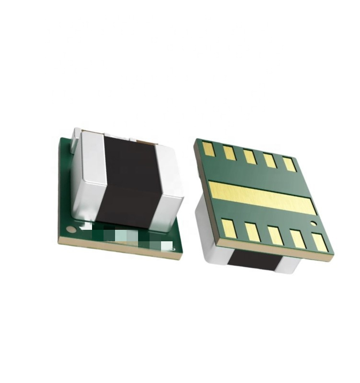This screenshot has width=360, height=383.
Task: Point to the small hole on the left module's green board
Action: pyautogui.click(x=71, y=229)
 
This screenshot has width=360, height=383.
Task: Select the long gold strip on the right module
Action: pyautogui.click(x=262, y=197)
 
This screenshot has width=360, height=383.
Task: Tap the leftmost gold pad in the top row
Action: pyautogui.click(x=209, y=149)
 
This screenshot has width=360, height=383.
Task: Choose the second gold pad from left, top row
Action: pyautogui.click(x=229, y=153)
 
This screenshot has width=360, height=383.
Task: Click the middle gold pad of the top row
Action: pyautogui.click(x=249, y=157)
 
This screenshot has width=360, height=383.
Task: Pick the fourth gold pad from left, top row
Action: pyautogui.click(x=269, y=160)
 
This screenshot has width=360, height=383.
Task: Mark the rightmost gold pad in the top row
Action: pyautogui.click(x=290, y=164)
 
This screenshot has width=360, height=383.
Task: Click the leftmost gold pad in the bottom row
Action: pyautogui.click(x=229, y=228)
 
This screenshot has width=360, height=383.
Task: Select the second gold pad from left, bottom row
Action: pyautogui.click(x=252, y=232)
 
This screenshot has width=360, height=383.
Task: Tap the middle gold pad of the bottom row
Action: pyautogui.click(x=275, y=236)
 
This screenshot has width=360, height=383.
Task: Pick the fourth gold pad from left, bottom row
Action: pyautogui.click(x=298, y=238)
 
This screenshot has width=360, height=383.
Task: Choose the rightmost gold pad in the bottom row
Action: pyautogui.click(x=320, y=242)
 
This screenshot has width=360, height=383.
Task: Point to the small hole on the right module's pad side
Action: pyautogui.click(x=314, y=224)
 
